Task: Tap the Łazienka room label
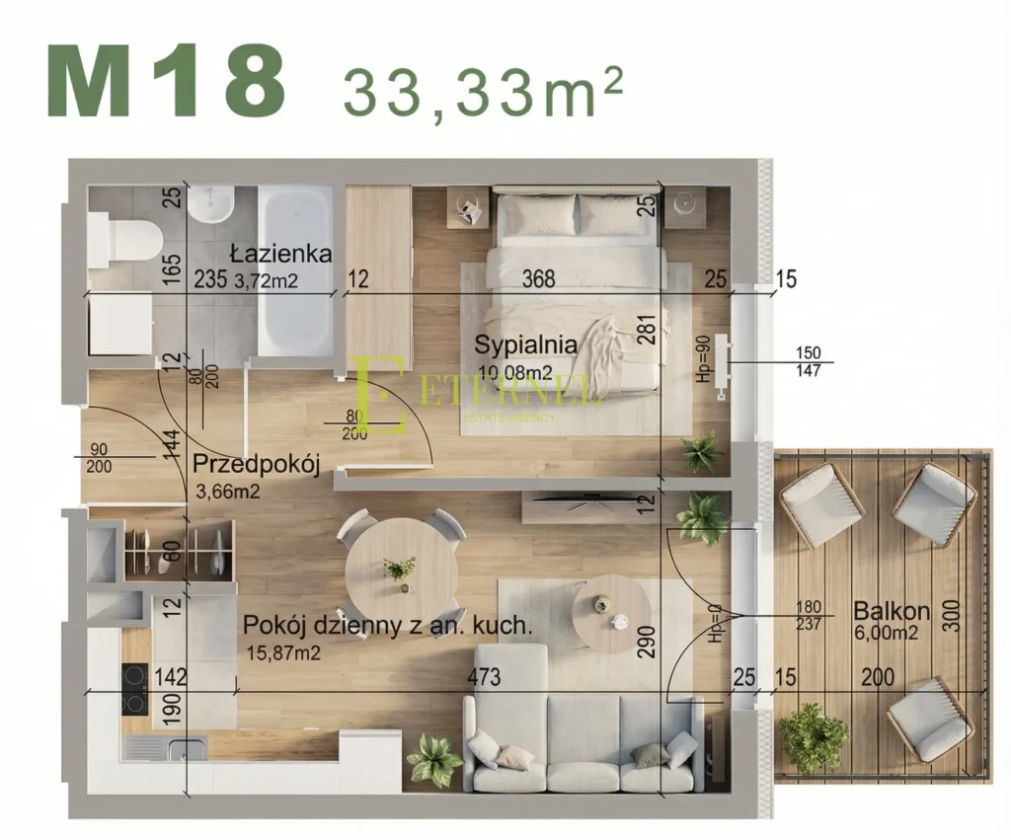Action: (281, 254)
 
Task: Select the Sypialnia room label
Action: (524, 345)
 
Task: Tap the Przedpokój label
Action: (256, 464)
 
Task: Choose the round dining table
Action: (401, 568)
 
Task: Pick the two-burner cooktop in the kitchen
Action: (134, 688)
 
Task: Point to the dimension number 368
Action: (538, 280)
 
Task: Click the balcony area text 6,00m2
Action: (886, 633)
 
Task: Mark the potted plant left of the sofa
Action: (434, 759)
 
